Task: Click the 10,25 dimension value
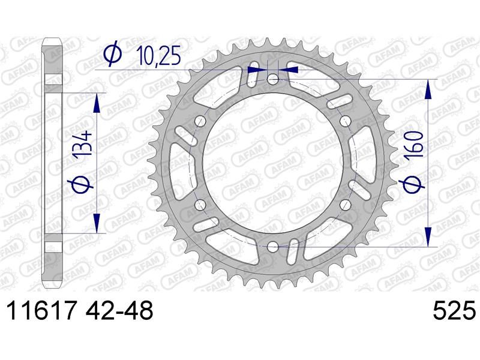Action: pos(158,56)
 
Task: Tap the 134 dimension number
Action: pos(82,144)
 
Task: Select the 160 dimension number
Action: pos(415,145)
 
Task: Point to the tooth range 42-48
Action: pos(119,310)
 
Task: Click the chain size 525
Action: pos(454,310)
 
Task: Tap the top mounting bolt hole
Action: pos(273,80)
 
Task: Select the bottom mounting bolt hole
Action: pos(273,247)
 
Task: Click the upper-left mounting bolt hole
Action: pos(200,121)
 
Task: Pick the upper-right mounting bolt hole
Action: pos(346,121)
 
